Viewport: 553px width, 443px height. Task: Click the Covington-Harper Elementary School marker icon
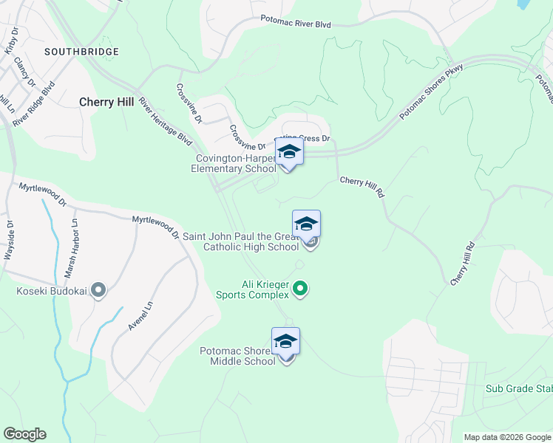(289, 154)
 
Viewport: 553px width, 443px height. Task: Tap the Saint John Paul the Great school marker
(306, 224)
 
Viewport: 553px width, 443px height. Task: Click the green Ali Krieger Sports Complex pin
(300, 289)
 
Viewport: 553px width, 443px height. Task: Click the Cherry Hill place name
(107, 102)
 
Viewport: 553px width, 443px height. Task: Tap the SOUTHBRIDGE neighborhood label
(81, 52)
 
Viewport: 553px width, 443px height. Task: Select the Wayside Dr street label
(10, 239)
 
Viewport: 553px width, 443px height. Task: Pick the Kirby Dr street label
(10, 41)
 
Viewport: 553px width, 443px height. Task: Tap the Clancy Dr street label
(24, 72)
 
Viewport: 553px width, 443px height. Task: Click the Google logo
(24, 434)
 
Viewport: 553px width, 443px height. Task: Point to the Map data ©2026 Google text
(506, 437)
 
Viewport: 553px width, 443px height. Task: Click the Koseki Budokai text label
(52, 291)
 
